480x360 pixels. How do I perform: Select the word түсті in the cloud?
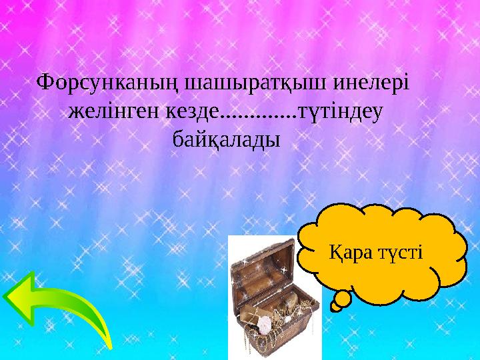tap(400, 253)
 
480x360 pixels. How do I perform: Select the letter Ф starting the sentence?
tap(45, 83)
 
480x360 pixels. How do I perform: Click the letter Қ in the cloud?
tap(338, 253)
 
